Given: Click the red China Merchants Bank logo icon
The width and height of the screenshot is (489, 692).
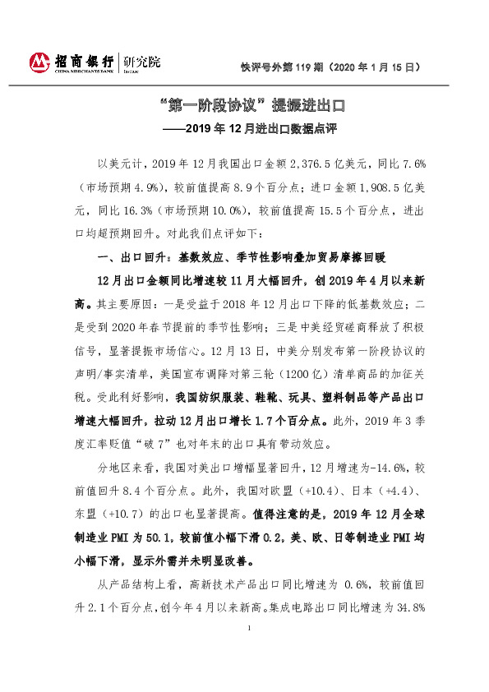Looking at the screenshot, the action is click(x=39, y=62).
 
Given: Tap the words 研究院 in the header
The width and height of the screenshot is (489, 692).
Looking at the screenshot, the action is click(x=141, y=62).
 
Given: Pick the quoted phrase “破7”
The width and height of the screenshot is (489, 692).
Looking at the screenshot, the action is click(x=163, y=445).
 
